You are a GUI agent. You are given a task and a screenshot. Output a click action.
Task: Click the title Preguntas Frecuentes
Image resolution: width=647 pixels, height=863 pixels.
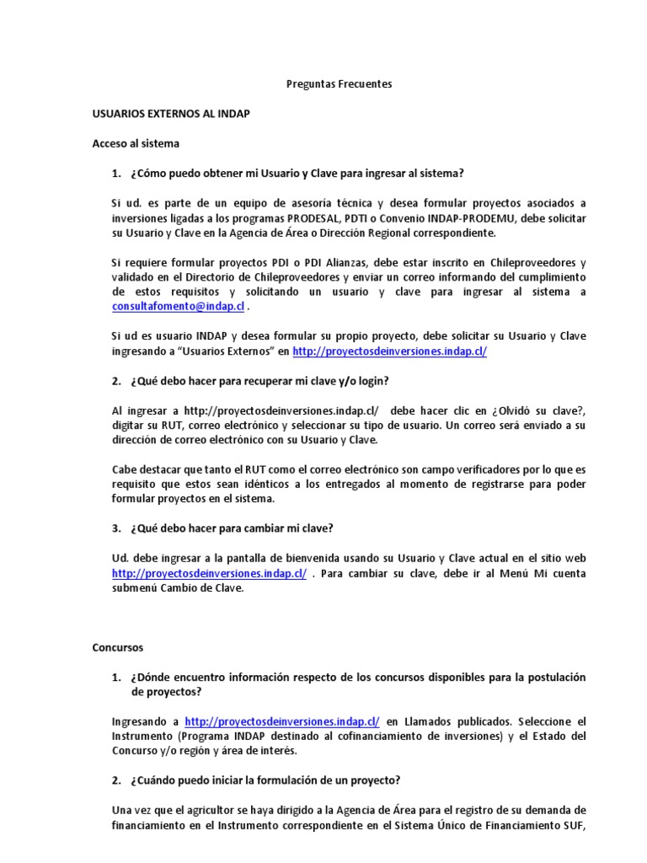(x=340, y=84)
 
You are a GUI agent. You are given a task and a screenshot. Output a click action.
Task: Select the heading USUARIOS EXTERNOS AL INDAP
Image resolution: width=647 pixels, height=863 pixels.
(x=170, y=113)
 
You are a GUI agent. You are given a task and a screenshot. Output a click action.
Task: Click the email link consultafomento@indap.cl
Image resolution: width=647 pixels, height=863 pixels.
(x=178, y=307)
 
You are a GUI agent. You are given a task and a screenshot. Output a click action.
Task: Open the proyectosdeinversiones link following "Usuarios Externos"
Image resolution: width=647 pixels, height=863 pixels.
(x=389, y=351)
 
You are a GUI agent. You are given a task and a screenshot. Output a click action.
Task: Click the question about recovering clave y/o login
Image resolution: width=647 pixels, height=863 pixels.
(x=259, y=381)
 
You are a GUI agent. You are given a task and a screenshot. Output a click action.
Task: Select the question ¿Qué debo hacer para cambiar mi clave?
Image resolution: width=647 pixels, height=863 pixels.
(x=232, y=528)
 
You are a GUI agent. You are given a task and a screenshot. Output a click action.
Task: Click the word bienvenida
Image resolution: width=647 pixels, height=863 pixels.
(x=286, y=558)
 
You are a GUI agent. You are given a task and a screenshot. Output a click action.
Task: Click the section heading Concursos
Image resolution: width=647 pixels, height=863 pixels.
(x=118, y=647)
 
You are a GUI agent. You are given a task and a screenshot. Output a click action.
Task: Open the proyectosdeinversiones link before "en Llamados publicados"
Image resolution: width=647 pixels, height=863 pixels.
(x=281, y=721)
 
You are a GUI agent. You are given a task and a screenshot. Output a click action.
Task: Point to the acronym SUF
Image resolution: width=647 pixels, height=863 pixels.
(x=575, y=825)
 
